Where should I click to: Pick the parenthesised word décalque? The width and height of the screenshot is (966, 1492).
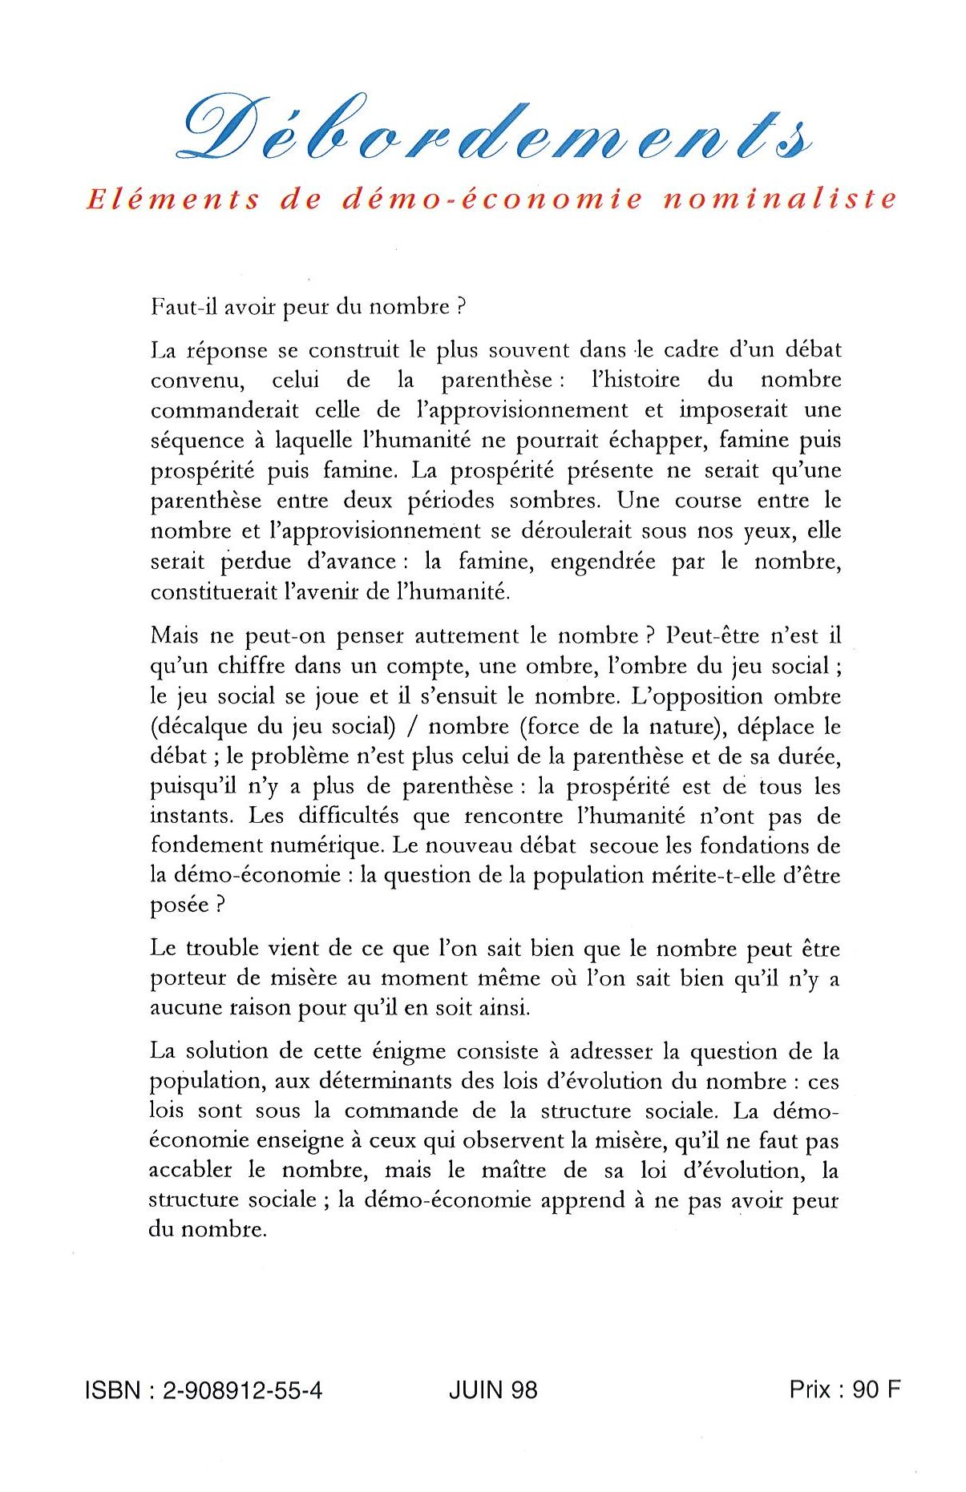click(x=201, y=727)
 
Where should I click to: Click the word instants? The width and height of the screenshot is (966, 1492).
click(x=191, y=816)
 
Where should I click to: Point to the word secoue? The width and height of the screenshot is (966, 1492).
click(x=616, y=845)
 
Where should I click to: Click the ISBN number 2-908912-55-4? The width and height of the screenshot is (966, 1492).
click(x=242, y=1389)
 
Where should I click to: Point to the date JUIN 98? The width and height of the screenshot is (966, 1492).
click(x=493, y=1389)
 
